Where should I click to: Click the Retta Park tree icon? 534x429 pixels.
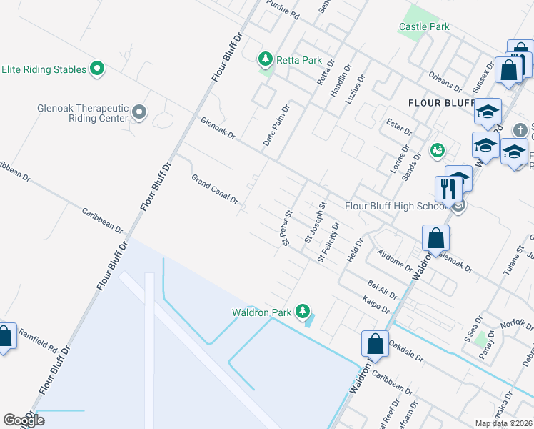click(266, 58)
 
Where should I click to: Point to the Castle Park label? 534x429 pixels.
click(424, 27)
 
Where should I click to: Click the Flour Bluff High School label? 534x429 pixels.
click(395, 206)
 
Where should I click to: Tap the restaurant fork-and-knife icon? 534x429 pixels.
click(448, 189)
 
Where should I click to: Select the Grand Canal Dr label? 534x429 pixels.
click(214, 189)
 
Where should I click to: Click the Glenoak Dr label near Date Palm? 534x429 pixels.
click(218, 128)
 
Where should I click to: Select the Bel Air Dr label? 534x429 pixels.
click(382, 289)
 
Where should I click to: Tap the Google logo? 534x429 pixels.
click(24, 420)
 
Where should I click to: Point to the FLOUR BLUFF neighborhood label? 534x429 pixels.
click(441, 103)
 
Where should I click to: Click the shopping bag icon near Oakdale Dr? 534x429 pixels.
click(375, 344)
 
